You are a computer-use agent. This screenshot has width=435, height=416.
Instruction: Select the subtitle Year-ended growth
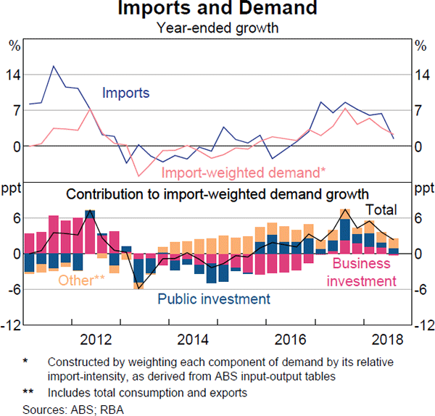click(x=217, y=29)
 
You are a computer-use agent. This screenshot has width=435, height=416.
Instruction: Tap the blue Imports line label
click(x=126, y=93)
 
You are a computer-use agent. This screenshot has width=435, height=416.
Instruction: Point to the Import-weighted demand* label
click(x=244, y=172)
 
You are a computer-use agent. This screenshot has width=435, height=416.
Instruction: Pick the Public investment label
click(x=214, y=299)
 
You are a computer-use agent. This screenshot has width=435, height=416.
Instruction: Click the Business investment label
click(x=361, y=273)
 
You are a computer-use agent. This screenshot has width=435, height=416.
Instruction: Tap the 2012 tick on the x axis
click(x=96, y=338)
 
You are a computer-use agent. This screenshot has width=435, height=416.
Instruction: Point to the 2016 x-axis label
click(x=289, y=338)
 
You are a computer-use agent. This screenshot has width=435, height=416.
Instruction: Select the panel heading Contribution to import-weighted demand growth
click(x=217, y=194)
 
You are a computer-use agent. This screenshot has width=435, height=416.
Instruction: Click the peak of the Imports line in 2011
click(x=53, y=66)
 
